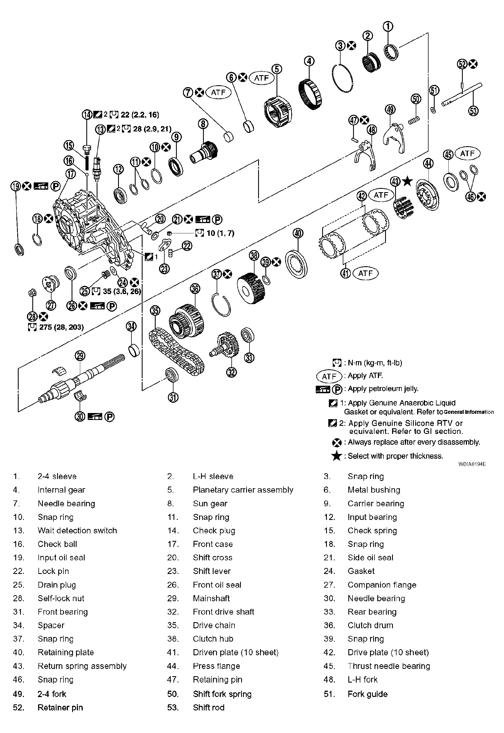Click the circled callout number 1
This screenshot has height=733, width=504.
coord(388,27)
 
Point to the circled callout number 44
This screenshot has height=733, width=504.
coord(428,163)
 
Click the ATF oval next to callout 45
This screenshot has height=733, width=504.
coord(467,153)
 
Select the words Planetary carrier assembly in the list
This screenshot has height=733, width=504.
coord(243,490)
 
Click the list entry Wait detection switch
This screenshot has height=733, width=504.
coord(77,531)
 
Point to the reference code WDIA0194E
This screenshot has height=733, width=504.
coord(472,464)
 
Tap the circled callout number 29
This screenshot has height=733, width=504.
coord(80,356)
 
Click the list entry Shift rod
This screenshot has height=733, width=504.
coord(208,707)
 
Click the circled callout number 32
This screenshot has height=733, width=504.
coord(232,373)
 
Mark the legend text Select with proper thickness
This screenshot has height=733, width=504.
coord(395,456)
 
